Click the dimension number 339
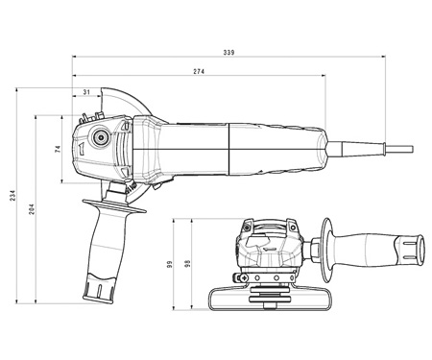pos(228,53)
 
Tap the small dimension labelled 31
pos(87,92)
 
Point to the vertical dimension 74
pos(58,149)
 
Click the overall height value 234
pos(12,197)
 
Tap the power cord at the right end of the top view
pos(384,147)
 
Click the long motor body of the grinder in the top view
pos(230,147)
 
